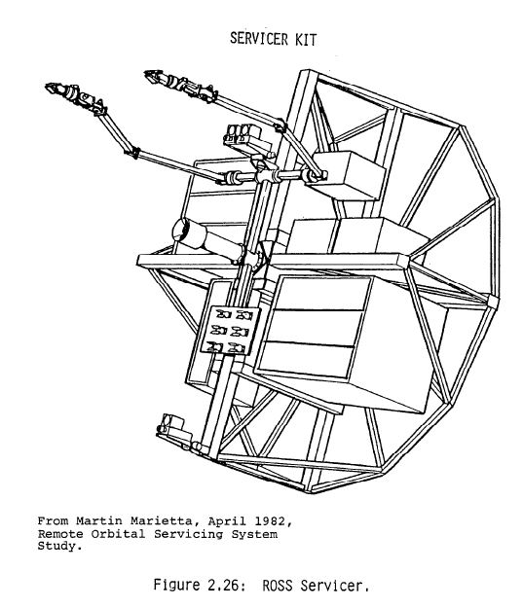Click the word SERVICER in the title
[x=259, y=39]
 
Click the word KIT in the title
[x=306, y=40]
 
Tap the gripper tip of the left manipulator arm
[x=47, y=87]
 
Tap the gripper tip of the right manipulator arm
[x=147, y=73]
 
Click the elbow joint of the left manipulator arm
[x=133, y=152]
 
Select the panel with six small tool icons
[x=230, y=330]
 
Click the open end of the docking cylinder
[x=181, y=232]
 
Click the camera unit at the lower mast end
[x=171, y=425]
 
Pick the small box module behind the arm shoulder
[x=349, y=174]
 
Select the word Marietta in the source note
[x=161, y=521]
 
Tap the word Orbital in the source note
[x=118, y=534]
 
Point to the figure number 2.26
[x=222, y=585]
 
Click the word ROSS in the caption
[x=278, y=585]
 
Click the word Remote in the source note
[x=60, y=534]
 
